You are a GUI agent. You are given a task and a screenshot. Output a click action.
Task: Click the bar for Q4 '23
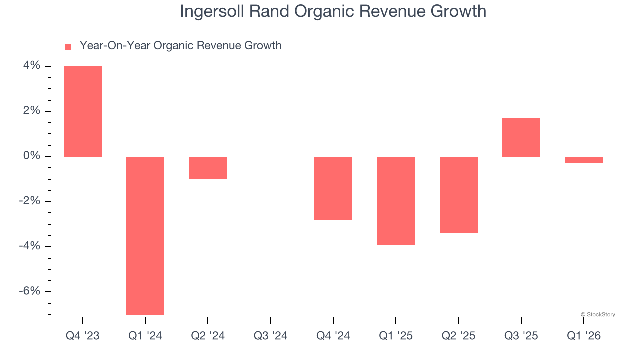pos(83,111)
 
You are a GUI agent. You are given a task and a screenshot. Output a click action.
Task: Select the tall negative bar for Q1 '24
pos(145,235)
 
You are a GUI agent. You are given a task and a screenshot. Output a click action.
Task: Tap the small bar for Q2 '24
pos(208,168)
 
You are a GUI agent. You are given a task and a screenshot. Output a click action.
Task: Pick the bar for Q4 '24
pos(333,188)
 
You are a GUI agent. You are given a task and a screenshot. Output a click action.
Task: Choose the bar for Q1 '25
pos(396,201)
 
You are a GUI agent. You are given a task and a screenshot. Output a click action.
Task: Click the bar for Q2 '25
pos(459,195)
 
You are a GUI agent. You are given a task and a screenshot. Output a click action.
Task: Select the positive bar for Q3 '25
pos(521,137)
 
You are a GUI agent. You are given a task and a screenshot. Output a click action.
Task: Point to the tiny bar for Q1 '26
pos(584,160)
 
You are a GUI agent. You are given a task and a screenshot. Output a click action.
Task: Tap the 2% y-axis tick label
pos(31,111)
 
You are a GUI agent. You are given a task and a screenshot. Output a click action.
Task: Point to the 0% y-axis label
pos(31,156)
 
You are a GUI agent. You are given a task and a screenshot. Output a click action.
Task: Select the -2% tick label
pos(29,201)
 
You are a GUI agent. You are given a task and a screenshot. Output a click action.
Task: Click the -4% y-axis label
pos(29,246)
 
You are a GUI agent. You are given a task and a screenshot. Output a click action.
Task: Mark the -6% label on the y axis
pos(29,291)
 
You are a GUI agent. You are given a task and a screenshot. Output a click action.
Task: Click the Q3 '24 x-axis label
pos(270,336)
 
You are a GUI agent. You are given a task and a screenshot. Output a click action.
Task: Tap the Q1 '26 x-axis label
pos(584,336)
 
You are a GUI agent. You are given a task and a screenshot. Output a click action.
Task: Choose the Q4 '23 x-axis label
pos(83,336)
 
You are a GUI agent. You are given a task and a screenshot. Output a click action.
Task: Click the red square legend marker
pos(68,47)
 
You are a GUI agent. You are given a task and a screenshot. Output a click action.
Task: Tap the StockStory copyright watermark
pos(598,314)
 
